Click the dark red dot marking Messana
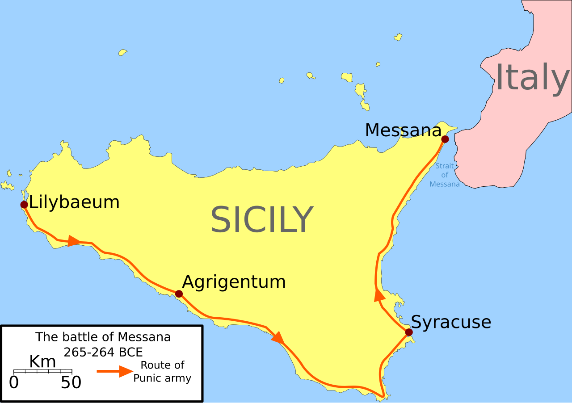click(x=445, y=139)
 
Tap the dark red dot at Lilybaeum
click(x=24, y=205)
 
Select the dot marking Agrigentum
click(x=179, y=294)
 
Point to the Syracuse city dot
click(x=408, y=332)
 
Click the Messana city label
click(x=403, y=130)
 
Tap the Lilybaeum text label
click(x=74, y=202)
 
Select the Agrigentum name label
click(x=234, y=282)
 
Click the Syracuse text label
click(x=450, y=322)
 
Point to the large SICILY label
click(x=262, y=219)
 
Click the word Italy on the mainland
click(x=532, y=78)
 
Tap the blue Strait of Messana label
click(x=445, y=175)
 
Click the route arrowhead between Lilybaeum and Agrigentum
click(x=74, y=241)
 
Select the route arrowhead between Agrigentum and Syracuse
click(x=278, y=338)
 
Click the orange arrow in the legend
click(x=115, y=371)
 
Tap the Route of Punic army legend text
click(x=162, y=371)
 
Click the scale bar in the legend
click(x=43, y=371)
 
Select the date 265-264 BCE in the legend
click(x=103, y=352)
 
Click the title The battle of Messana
click(x=103, y=337)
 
